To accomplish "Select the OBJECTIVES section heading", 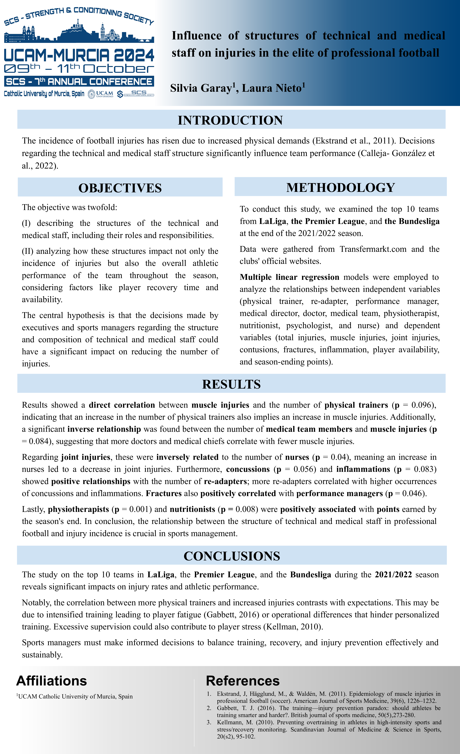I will pyautogui.click(x=120, y=188).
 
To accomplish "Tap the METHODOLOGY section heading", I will pyautogui.click(x=341, y=188).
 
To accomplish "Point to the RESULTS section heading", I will pyautogui.click(x=231, y=384).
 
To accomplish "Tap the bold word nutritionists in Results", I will pyautogui.click(x=192, y=509).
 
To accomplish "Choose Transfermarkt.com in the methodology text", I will pyautogui.click(x=373, y=249).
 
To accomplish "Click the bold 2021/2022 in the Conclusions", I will pyautogui.click(x=393, y=575).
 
